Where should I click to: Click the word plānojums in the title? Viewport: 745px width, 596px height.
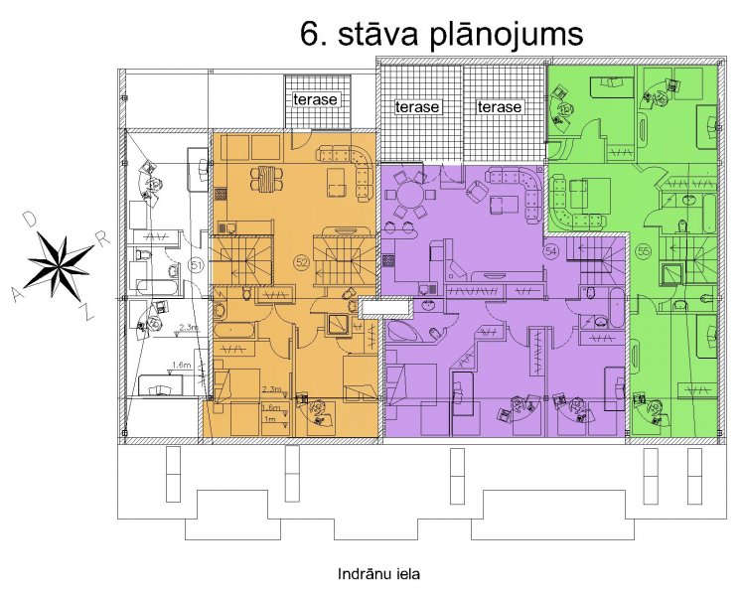pyautogui.click(x=507, y=36)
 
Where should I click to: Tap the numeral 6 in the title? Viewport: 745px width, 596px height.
pyautogui.click(x=310, y=34)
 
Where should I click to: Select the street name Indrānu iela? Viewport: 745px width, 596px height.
pyautogui.click(x=378, y=574)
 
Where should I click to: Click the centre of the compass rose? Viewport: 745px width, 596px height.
pyautogui.click(x=61, y=265)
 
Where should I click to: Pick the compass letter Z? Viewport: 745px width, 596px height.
pyautogui.click(x=86, y=312)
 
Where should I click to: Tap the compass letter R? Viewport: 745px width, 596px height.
pyautogui.click(x=103, y=237)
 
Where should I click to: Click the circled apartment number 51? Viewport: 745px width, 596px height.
pyautogui.click(x=197, y=265)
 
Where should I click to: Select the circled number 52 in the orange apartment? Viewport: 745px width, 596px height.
pyautogui.click(x=302, y=262)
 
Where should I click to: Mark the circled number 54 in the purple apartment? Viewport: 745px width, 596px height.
pyautogui.click(x=551, y=251)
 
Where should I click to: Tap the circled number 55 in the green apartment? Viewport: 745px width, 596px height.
pyautogui.click(x=644, y=251)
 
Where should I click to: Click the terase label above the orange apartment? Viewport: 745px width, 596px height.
pyautogui.click(x=315, y=99)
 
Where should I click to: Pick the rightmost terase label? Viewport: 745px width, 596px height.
pyautogui.click(x=500, y=107)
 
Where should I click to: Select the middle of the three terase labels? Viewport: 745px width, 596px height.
pyautogui.click(x=417, y=107)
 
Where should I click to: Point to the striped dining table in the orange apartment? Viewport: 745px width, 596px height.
pyautogui.click(x=267, y=178)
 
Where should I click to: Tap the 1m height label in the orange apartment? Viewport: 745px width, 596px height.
pyautogui.click(x=270, y=419)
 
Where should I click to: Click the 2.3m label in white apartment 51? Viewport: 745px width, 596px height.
pyautogui.click(x=188, y=327)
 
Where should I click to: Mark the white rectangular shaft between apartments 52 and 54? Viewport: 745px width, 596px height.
pyautogui.click(x=384, y=307)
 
